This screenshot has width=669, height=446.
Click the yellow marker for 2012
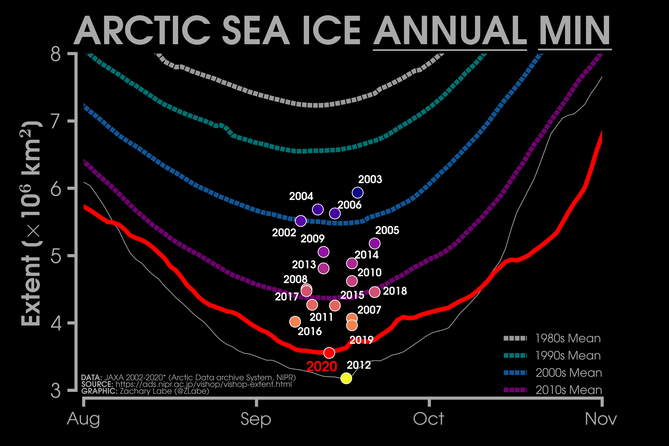click(x=346, y=378)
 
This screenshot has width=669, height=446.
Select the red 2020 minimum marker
click(x=329, y=353)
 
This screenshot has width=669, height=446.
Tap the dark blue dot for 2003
click(x=357, y=192)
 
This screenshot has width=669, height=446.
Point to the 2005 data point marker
click(x=375, y=243)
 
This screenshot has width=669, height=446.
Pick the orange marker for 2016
click(x=295, y=322)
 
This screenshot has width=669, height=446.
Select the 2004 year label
click(x=301, y=197)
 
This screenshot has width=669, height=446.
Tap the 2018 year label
click(x=395, y=291)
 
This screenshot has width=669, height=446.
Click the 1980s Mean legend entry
click(x=568, y=338)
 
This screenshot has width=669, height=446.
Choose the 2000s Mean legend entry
click(x=569, y=373)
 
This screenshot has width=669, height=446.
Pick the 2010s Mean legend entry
click(x=569, y=390)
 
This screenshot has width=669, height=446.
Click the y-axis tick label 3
click(x=56, y=391)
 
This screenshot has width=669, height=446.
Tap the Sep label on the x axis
click(x=256, y=419)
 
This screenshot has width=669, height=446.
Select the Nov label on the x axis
click(x=601, y=419)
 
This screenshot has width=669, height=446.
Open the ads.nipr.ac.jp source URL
click(x=203, y=384)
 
